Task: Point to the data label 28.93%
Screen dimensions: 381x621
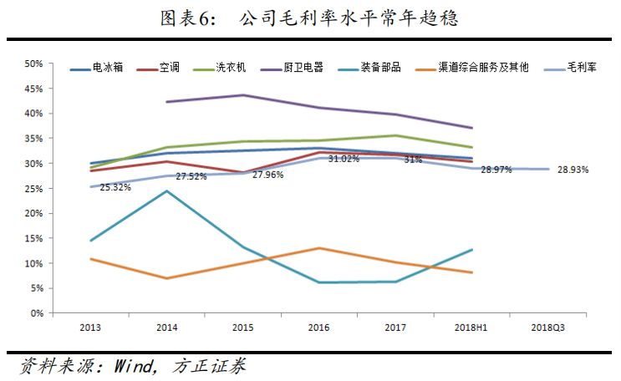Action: (573, 170)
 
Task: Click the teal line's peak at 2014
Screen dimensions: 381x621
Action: (166, 191)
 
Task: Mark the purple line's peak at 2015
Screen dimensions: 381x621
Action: (242, 95)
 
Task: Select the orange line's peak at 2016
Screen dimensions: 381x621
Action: (319, 248)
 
